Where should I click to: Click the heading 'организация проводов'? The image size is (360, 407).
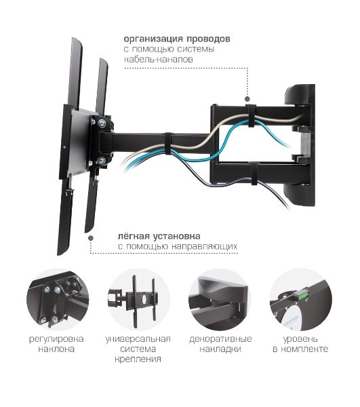pos(177,39)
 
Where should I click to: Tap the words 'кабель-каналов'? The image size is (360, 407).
pos(159,59)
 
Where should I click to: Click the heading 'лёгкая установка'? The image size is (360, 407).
pos(159,236)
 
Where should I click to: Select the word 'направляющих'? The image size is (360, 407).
pos(205,246)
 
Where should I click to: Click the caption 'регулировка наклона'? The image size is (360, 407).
pos(56,344)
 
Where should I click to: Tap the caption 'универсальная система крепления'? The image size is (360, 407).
pos(138,349)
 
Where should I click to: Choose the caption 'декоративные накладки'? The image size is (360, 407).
pos(220,344)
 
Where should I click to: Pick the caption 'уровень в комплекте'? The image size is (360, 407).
pos(300,344)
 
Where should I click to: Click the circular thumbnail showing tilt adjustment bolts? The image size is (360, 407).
pos(58,300)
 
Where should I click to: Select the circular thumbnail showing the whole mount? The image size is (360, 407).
pos(139,300)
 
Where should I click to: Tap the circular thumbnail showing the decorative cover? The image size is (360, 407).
pos(220,300)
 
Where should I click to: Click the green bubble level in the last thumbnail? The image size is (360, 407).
pos(300,295)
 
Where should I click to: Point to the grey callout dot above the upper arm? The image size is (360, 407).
pos(247,99)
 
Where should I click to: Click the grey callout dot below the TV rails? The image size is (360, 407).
pos(91,238)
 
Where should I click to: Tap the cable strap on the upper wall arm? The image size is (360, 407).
pos(251,116)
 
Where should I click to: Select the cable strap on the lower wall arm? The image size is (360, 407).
pos(254,174)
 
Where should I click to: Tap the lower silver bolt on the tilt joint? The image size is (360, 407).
pos(101,161)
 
